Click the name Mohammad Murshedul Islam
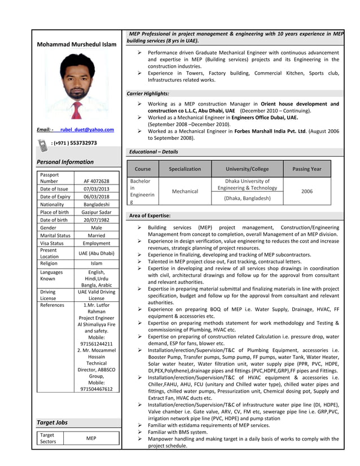76,45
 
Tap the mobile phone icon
43,145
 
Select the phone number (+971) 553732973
74,143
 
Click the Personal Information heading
65,162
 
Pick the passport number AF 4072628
96,181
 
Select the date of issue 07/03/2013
96,189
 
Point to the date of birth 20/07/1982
96,220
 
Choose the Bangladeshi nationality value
96,204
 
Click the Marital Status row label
55,235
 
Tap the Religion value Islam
96,263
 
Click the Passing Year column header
306,169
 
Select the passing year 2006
306,191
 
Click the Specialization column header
185,169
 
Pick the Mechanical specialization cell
185,191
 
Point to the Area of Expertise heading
150,216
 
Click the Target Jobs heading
52,423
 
